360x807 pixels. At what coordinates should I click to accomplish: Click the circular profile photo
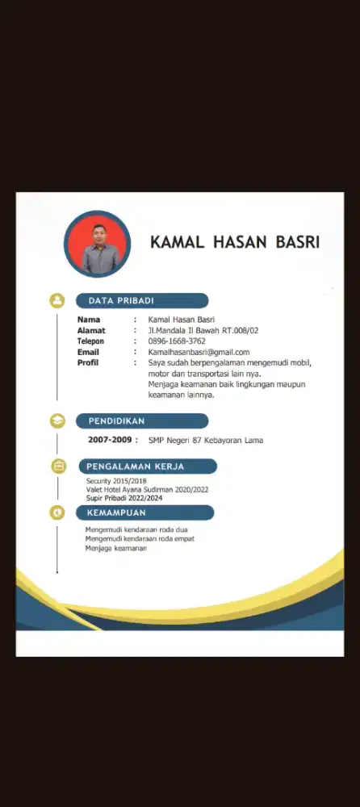pos(97,245)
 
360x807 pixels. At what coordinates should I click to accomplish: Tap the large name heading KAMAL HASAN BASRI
pos(235,242)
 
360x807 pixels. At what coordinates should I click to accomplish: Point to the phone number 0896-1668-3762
pos(176,341)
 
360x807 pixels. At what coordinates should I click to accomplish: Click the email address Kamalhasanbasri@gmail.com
pos(199,352)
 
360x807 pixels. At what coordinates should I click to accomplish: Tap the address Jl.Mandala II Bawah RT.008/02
pos(208,331)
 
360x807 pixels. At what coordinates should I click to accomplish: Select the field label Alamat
pos(90,331)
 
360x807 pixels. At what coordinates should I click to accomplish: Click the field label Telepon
pos(90,341)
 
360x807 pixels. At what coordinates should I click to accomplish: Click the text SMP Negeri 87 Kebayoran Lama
pos(206,440)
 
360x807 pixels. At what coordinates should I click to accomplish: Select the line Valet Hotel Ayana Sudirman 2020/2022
pos(148,490)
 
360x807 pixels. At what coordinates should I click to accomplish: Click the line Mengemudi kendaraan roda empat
pos(140,538)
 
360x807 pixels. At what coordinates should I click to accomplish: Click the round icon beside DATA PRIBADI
pos(57,300)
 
